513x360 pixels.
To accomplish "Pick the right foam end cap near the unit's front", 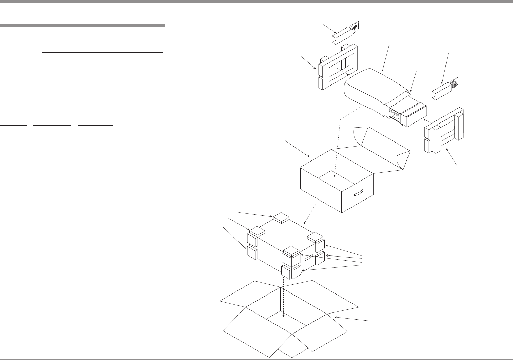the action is click(444, 131).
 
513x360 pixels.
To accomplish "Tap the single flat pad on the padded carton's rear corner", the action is click(281, 217).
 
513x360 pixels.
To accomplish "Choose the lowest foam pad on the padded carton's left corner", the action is click(252, 253).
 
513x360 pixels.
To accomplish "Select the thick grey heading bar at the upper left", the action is click(82, 25).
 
